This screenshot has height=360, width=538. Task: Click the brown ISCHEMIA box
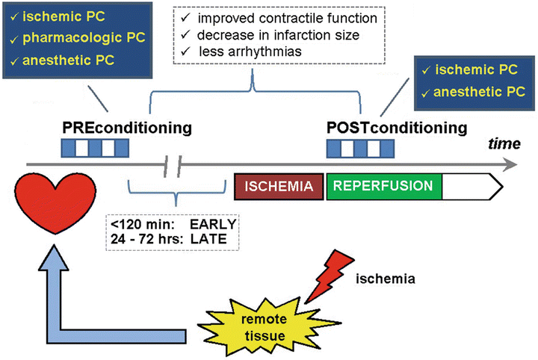[279, 186]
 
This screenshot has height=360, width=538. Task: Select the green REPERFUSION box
[384, 186]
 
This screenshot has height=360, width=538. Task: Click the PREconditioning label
[126, 128]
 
